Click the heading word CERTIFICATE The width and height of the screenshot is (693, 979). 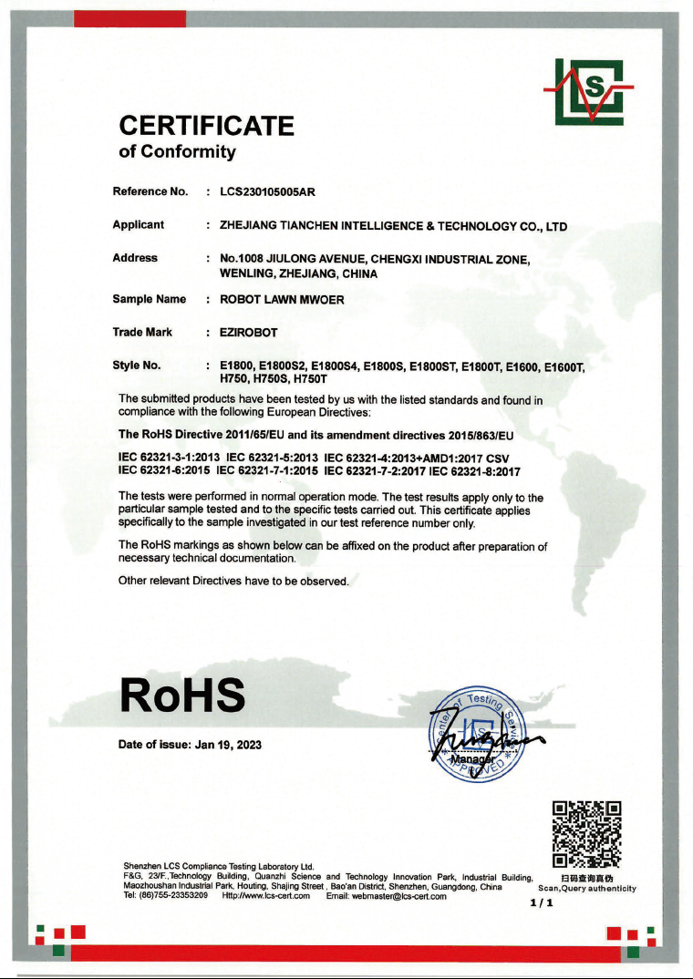[207, 126]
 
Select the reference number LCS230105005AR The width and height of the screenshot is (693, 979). [268, 191]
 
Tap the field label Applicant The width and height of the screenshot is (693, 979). [139, 224]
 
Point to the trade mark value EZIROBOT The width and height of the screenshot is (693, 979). [249, 333]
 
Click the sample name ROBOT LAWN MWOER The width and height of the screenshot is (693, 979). [283, 299]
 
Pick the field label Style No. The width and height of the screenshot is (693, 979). [137, 366]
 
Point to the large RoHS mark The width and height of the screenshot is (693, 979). [182, 696]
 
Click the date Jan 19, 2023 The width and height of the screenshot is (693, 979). [228, 745]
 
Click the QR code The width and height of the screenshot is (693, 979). [587, 833]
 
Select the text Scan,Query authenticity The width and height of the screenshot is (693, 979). [587, 888]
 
